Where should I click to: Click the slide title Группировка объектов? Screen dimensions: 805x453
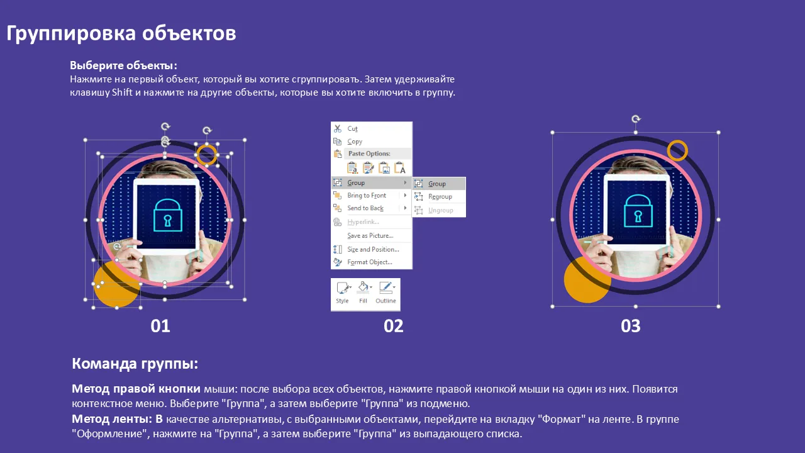(x=121, y=34)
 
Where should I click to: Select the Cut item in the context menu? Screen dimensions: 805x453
(x=352, y=129)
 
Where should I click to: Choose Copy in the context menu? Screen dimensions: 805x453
(x=355, y=142)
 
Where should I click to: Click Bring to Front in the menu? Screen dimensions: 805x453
(x=367, y=195)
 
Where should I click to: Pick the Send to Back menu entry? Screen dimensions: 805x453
(x=365, y=208)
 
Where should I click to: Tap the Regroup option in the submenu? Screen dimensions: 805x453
(x=440, y=197)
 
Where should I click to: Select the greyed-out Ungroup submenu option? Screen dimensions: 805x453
(x=441, y=210)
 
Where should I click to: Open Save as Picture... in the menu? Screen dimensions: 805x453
(x=370, y=236)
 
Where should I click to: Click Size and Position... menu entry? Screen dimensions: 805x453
(x=373, y=249)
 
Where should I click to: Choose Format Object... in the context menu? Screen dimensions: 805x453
(x=369, y=262)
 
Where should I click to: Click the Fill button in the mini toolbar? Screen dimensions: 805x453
(x=364, y=293)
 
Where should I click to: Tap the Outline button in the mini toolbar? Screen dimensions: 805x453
(x=386, y=293)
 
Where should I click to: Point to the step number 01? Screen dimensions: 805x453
(x=160, y=326)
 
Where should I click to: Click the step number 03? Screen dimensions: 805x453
(x=630, y=326)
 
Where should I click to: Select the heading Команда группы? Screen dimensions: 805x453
(x=135, y=364)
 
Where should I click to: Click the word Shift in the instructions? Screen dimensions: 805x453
(x=122, y=92)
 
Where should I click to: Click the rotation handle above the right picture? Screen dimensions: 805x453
(x=636, y=119)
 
